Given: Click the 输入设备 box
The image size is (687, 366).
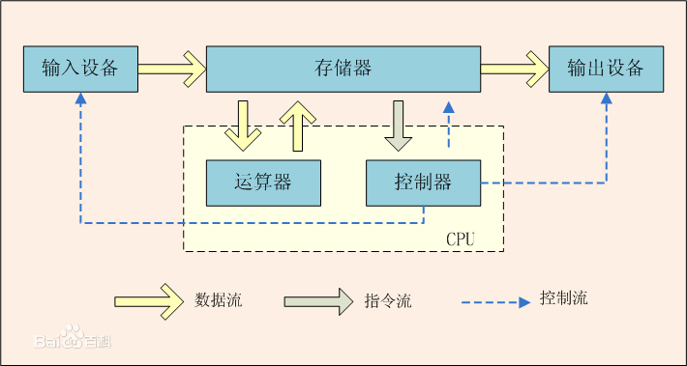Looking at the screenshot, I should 80,69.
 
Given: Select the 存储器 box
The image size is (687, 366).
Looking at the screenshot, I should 343,69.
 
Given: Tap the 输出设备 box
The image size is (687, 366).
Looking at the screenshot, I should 606,69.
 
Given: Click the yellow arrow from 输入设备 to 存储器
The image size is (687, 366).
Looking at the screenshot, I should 171,69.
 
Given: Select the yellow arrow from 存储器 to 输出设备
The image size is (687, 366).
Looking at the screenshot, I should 514,69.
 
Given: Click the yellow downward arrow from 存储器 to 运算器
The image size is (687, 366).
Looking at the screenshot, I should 242,125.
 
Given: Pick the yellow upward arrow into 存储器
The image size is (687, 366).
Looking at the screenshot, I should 298,125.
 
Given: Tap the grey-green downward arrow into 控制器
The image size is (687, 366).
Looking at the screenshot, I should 399,125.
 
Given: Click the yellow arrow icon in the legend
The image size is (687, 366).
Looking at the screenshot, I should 148,300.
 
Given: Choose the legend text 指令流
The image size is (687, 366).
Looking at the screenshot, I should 388,301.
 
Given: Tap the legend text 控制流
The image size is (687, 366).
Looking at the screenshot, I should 564,298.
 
